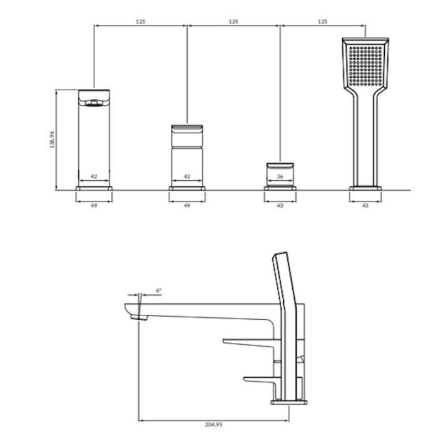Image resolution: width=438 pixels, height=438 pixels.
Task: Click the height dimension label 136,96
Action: pos(52,140)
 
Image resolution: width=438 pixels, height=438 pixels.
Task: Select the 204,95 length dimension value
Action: pos(214,425)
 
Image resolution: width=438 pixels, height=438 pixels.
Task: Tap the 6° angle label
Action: pos(158,290)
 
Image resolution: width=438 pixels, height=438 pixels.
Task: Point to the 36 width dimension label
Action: pos(280,176)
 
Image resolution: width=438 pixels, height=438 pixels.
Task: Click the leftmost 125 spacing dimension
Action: pos(141,21)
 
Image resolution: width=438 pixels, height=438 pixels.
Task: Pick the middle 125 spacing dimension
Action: pos(233,21)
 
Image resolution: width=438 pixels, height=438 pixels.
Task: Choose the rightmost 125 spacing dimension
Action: pos(323,21)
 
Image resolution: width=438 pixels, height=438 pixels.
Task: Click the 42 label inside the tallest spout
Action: pos(94,176)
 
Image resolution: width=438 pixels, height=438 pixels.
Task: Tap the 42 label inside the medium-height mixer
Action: pos(187,176)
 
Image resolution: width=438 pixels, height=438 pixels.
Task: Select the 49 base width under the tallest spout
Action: pos(94,206)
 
